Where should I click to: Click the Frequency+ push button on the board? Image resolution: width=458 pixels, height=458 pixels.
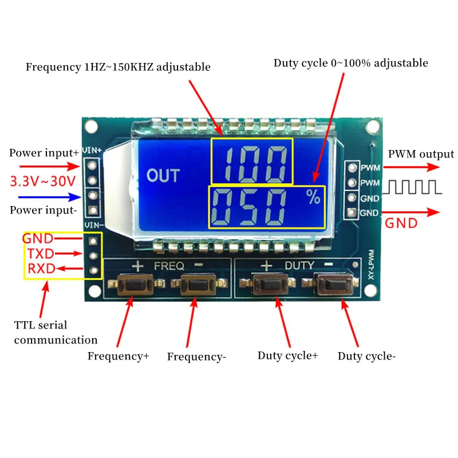pos(133,285)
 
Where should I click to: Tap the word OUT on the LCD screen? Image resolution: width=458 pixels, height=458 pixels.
pos(163,176)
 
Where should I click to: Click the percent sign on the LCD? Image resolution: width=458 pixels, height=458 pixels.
pos(313,198)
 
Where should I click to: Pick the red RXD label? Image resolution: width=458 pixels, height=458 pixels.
pos(38,269)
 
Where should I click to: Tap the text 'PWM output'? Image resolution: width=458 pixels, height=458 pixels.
pos(421,154)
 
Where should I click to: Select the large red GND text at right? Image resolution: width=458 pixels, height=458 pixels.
pos(401,223)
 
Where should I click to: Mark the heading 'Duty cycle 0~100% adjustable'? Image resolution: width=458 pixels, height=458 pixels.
pos(350,63)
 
